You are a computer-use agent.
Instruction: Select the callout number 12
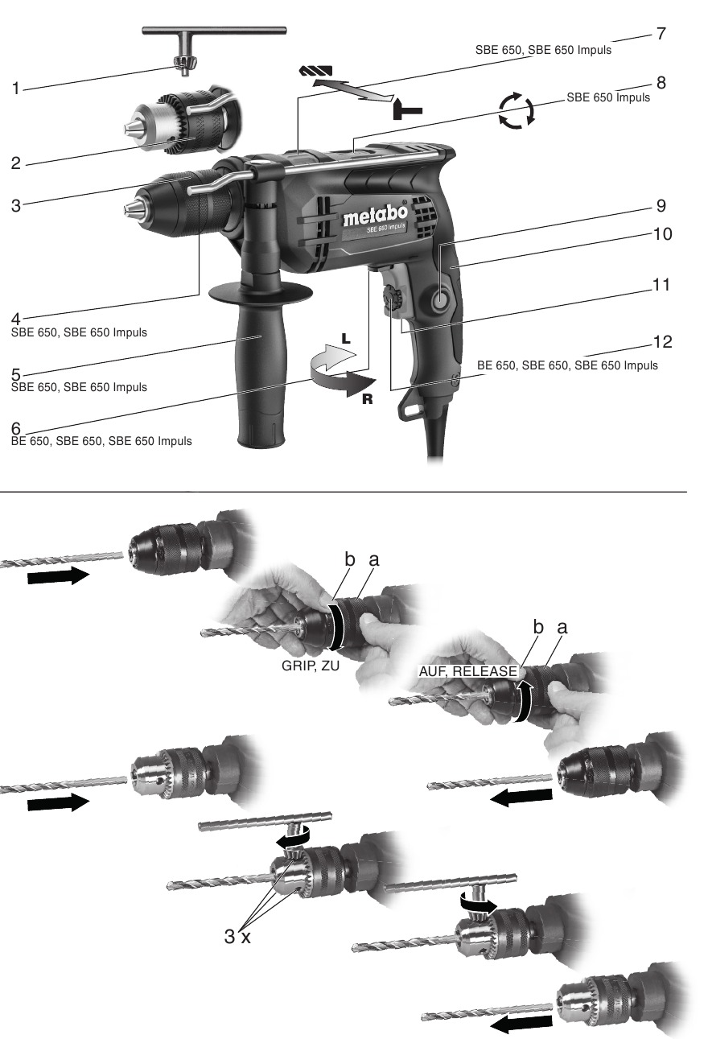click(x=661, y=341)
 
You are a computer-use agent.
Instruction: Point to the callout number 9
click(x=661, y=206)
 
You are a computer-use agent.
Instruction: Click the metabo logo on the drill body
click(x=375, y=216)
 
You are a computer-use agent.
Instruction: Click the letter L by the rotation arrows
click(x=345, y=339)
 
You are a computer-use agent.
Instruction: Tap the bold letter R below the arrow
click(x=367, y=399)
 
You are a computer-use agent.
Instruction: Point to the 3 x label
click(x=237, y=936)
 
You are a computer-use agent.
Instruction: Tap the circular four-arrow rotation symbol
click(x=516, y=110)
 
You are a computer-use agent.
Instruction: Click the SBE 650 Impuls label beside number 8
click(x=608, y=97)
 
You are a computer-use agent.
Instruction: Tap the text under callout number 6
click(x=101, y=441)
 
